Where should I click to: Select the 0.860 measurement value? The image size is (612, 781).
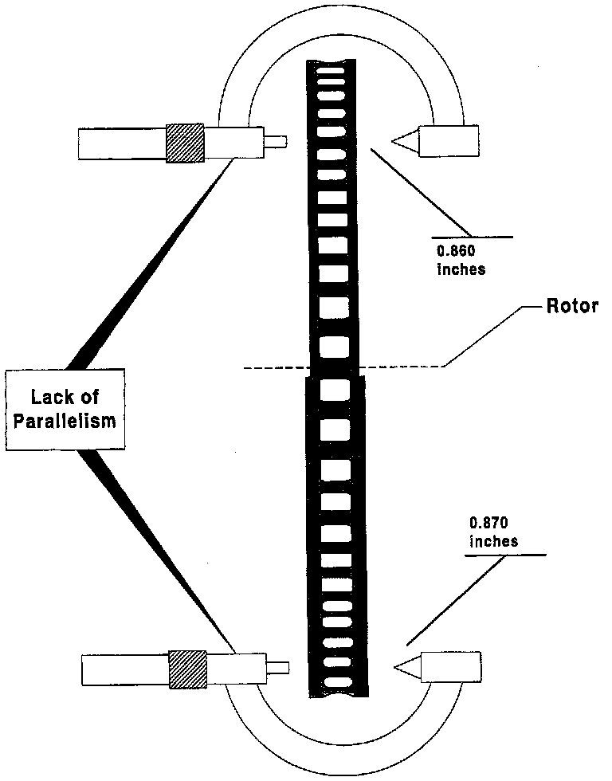pyautogui.click(x=454, y=249)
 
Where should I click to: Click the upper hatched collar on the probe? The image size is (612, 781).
pyautogui.click(x=184, y=143)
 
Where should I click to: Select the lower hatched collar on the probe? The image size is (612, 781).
pyautogui.click(x=187, y=668)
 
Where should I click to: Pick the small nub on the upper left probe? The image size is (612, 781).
pyautogui.click(x=276, y=143)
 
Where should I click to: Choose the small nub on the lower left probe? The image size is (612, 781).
pyautogui.click(x=278, y=667)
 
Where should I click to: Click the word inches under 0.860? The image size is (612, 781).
pyautogui.click(x=461, y=269)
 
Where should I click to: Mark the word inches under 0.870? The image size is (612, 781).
pyautogui.click(x=494, y=541)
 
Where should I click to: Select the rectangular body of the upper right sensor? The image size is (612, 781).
pyautogui.click(x=450, y=142)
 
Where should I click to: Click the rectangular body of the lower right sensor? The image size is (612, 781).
pyautogui.click(x=452, y=666)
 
